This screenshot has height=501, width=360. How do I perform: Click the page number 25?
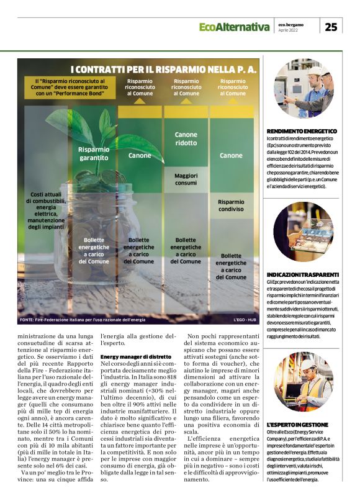pyautogui.click(x=331, y=26)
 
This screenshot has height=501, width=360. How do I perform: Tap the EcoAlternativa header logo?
pyautogui.click(x=234, y=27)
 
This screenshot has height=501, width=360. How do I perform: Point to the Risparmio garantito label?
pyautogui.click(x=94, y=153)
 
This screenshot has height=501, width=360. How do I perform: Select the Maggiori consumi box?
pyautogui.click(x=186, y=179)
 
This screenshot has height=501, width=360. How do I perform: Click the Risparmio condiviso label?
pyautogui.click(x=231, y=205)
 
